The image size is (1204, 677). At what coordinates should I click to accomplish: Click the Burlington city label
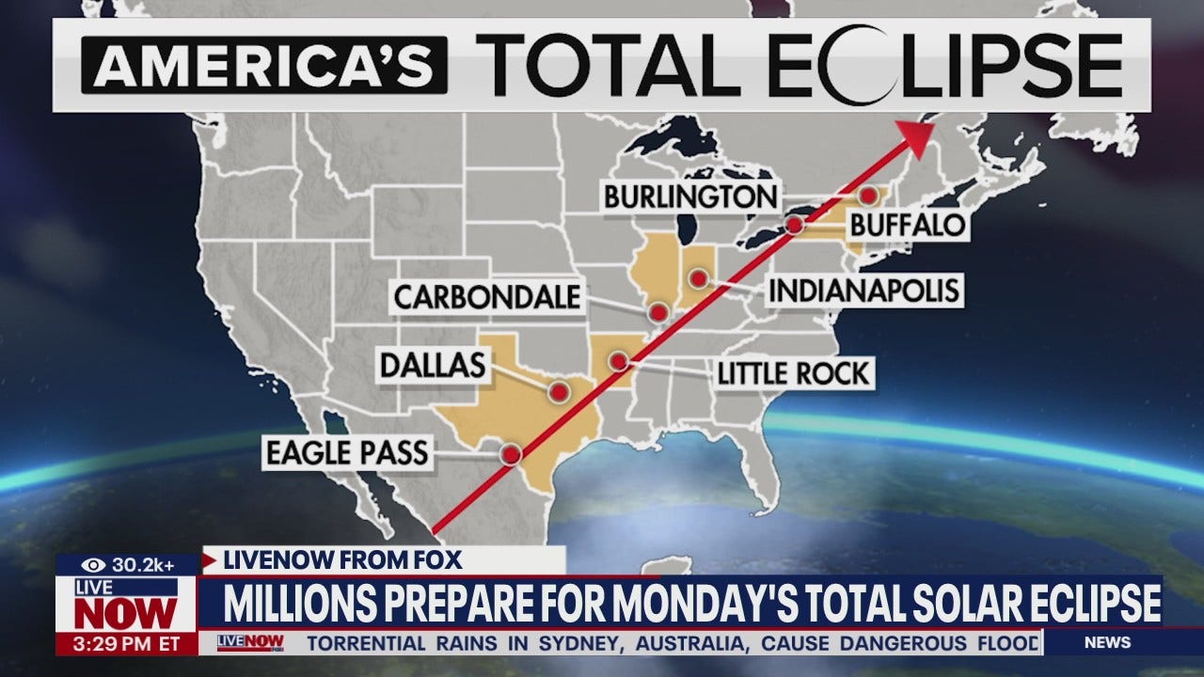pos(690,197)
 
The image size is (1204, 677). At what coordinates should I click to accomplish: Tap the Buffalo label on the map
pos(908,225)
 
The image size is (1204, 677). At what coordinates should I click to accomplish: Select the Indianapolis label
pos(863,291)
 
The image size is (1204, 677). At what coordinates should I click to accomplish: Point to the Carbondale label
pos(486,297)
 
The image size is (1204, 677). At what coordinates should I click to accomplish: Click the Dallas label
pos(433,365)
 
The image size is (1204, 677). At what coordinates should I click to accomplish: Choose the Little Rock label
pos(794,373)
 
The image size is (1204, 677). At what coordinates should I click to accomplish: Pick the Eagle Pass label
pos(346,453)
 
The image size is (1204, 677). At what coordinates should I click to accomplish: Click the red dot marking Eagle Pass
pos(511,454)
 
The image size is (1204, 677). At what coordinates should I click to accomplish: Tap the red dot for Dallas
pos(560,392)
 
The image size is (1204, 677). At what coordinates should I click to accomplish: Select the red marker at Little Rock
pos(618,361)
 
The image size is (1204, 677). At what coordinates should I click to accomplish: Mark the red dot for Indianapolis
pos(698,278)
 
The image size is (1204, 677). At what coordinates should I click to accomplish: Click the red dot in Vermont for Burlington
pos(868,196)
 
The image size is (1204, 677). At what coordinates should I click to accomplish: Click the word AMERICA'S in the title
pos(264,65)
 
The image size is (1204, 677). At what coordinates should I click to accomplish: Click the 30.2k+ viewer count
pos(142,565)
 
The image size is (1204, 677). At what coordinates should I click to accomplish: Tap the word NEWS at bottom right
pos(1107,643)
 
